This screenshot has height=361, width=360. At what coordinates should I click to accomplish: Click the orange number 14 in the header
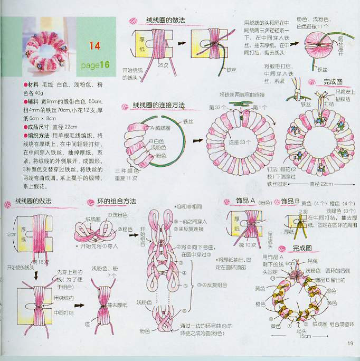coord(94,46)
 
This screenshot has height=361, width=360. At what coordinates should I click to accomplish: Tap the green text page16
coord(96,65)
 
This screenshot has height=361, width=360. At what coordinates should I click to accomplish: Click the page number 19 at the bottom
coord(350,344)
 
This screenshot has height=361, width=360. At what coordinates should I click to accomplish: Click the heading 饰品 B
coord(290,202)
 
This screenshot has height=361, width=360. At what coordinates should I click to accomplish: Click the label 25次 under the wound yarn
coord(162,65)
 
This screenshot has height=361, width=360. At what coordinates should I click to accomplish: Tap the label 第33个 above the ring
coord(217,108)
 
